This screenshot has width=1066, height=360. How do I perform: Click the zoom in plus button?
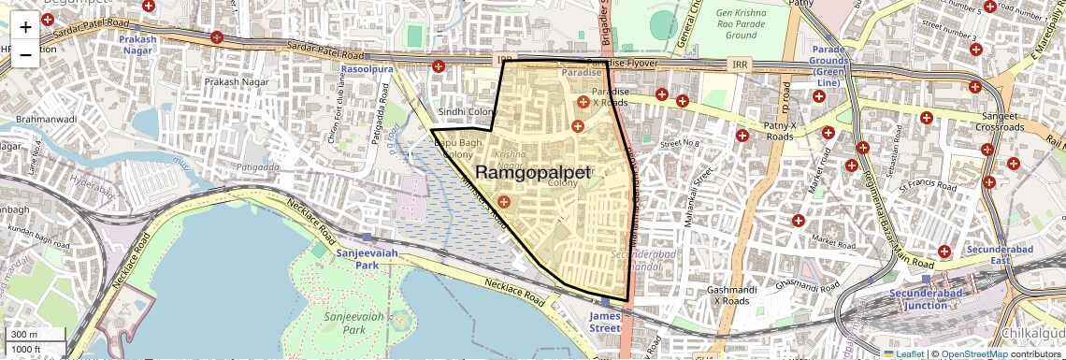tap(25, 27)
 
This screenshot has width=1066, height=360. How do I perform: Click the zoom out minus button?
tap(25, 54)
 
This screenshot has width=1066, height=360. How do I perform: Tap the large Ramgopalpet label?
tap(533, 173)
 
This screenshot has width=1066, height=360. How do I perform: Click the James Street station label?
tap(604, 322)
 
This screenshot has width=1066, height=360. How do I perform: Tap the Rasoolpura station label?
tap(365, 69)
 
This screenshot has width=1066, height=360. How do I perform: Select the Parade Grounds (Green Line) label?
tap(828, 65)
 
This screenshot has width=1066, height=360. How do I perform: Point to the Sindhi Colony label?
tap(466, 111)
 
